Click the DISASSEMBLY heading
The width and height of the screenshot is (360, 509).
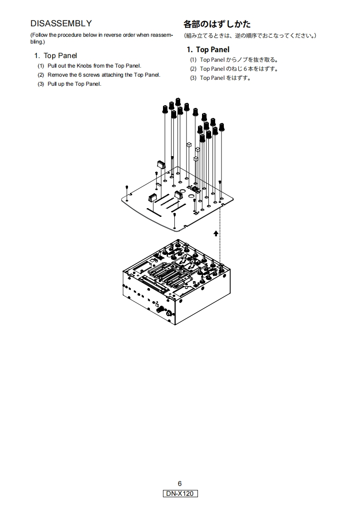click(61, 24)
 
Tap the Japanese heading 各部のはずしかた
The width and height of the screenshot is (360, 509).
click(217, 24)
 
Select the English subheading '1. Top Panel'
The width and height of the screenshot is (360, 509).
click(55, 55)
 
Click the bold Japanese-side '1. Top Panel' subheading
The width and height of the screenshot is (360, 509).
click(208, 49)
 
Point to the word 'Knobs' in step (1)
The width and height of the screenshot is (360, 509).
click(84, 66)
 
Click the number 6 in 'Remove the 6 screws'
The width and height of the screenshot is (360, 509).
click(80, 75)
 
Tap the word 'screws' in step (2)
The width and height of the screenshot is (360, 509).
click(91, 75)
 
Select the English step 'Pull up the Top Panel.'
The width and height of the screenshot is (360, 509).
click(74, 84)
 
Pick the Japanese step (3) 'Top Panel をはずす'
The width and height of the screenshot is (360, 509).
click(225, 78)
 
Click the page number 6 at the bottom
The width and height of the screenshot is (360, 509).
click(180, 484)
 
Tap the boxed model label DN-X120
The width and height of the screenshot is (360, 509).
click(180, 494)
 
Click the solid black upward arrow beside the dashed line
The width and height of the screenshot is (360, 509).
click(216, 233)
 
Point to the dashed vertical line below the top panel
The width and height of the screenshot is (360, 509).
click(220, 234)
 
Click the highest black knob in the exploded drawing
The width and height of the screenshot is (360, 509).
click(178, 101)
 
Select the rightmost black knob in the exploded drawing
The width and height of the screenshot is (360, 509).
click(222, 127)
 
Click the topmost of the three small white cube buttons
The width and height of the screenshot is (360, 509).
click(189, 144)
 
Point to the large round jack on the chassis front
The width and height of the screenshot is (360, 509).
click(170, 313)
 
